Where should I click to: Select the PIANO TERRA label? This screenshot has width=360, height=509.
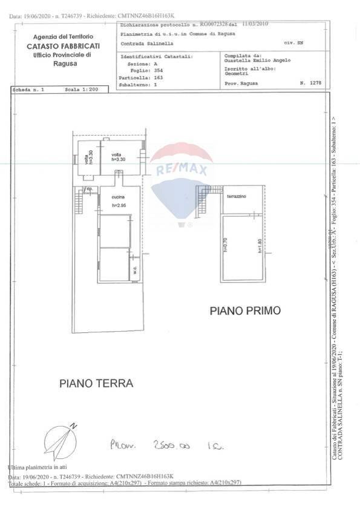[x=96, y=383]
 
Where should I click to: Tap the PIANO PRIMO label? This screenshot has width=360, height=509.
[x=245, y=311]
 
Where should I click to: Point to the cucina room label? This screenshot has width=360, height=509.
[x=119, y=198]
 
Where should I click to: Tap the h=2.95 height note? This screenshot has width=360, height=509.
[x=119, y=206]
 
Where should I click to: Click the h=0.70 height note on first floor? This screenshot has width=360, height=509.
[x=225, y=244]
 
